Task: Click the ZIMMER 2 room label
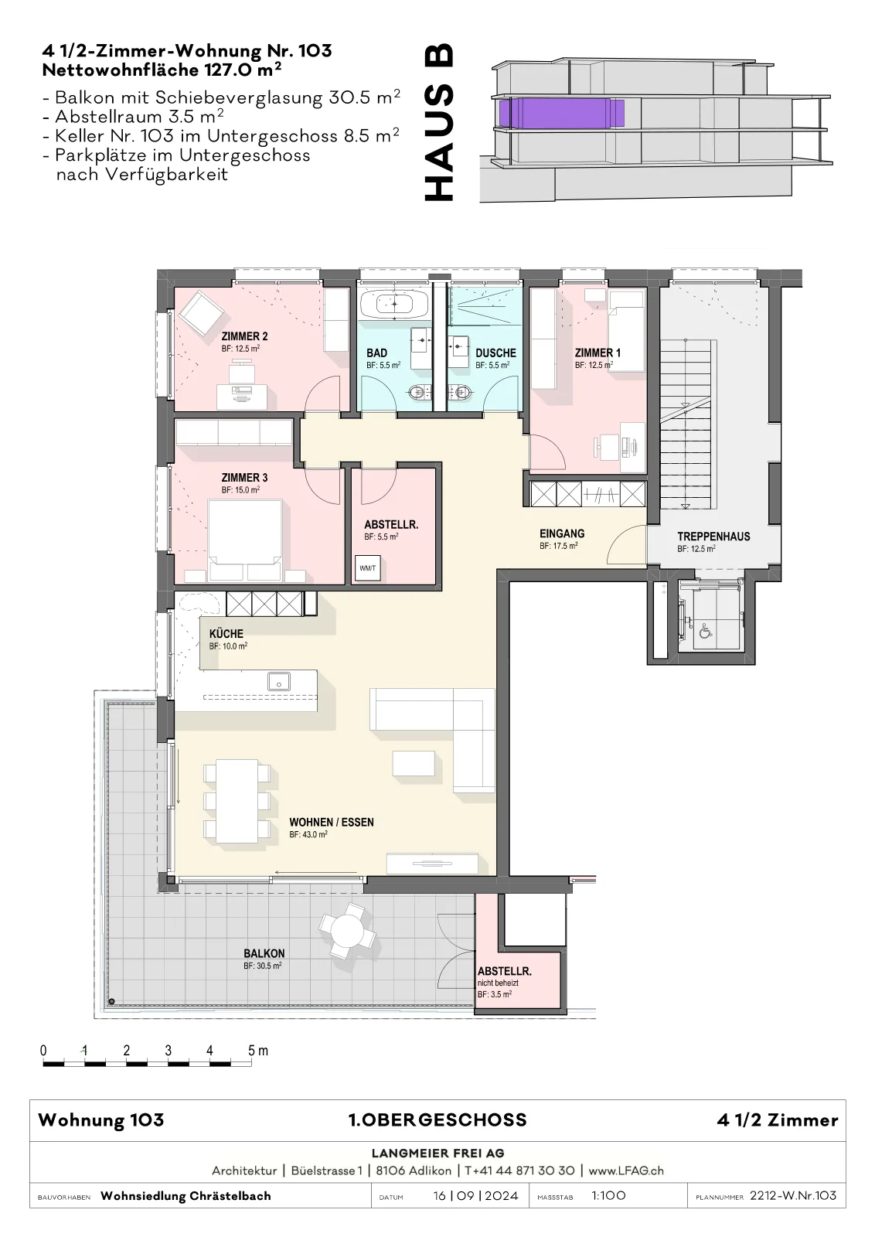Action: [244, 336]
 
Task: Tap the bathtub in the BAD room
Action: [395, 304]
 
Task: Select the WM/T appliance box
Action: [368, 567]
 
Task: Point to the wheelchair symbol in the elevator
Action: [705, 631]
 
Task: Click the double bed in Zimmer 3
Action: [245, 540]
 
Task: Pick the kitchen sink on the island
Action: [279, 681]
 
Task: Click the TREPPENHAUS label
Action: [713, 537]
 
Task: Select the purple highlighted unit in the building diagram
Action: [561, 113]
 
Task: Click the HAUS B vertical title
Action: [440, 123]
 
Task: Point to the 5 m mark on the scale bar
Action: [258, 1051]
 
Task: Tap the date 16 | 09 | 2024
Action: [475, 1195]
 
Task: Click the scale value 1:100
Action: [608, 1195]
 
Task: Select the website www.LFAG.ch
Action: [626, 1171]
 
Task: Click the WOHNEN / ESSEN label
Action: [332, 823]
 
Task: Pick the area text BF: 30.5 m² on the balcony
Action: [262, 966]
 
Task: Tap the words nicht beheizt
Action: [498, 983]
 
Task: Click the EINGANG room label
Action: [562, 533]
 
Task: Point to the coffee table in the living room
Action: [414, 764]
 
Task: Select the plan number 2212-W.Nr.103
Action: [793, 1195]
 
